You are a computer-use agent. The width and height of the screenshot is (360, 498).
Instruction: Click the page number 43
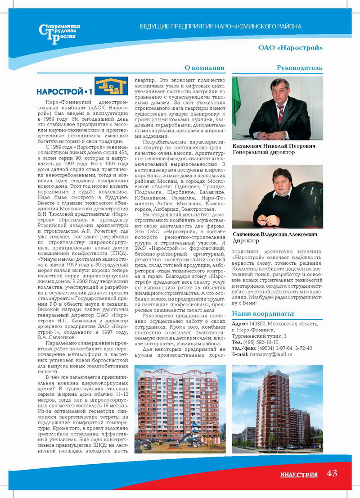[332, 473]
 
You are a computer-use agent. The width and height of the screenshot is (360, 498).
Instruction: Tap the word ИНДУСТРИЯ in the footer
[299, 475]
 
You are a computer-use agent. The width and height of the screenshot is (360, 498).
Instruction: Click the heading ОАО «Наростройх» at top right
[290, 48]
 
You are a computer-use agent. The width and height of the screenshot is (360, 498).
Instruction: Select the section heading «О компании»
[204, 68]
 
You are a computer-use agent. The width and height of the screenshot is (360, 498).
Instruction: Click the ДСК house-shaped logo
[111, 86]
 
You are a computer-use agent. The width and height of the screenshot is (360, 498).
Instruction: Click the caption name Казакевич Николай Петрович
[274, 146]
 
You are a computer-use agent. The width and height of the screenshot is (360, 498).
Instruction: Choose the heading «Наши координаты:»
[263, 314]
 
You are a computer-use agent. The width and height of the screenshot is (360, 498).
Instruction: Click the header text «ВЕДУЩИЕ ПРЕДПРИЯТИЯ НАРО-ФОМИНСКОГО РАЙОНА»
[220, 27]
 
